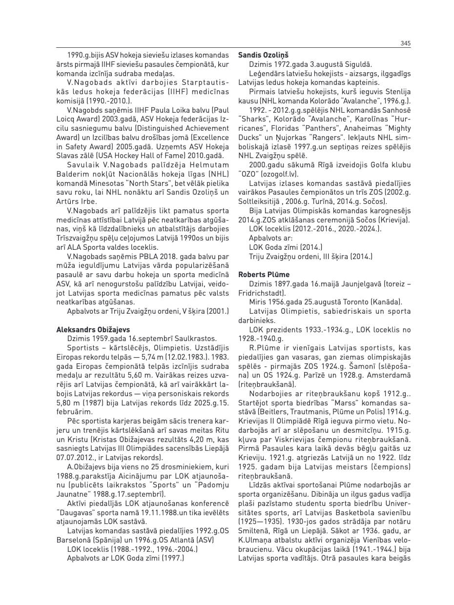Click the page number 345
tap(405, 43)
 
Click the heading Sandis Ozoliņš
tap(263, 55)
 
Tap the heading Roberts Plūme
tap(264, 275)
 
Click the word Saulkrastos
tap(193, 339)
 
